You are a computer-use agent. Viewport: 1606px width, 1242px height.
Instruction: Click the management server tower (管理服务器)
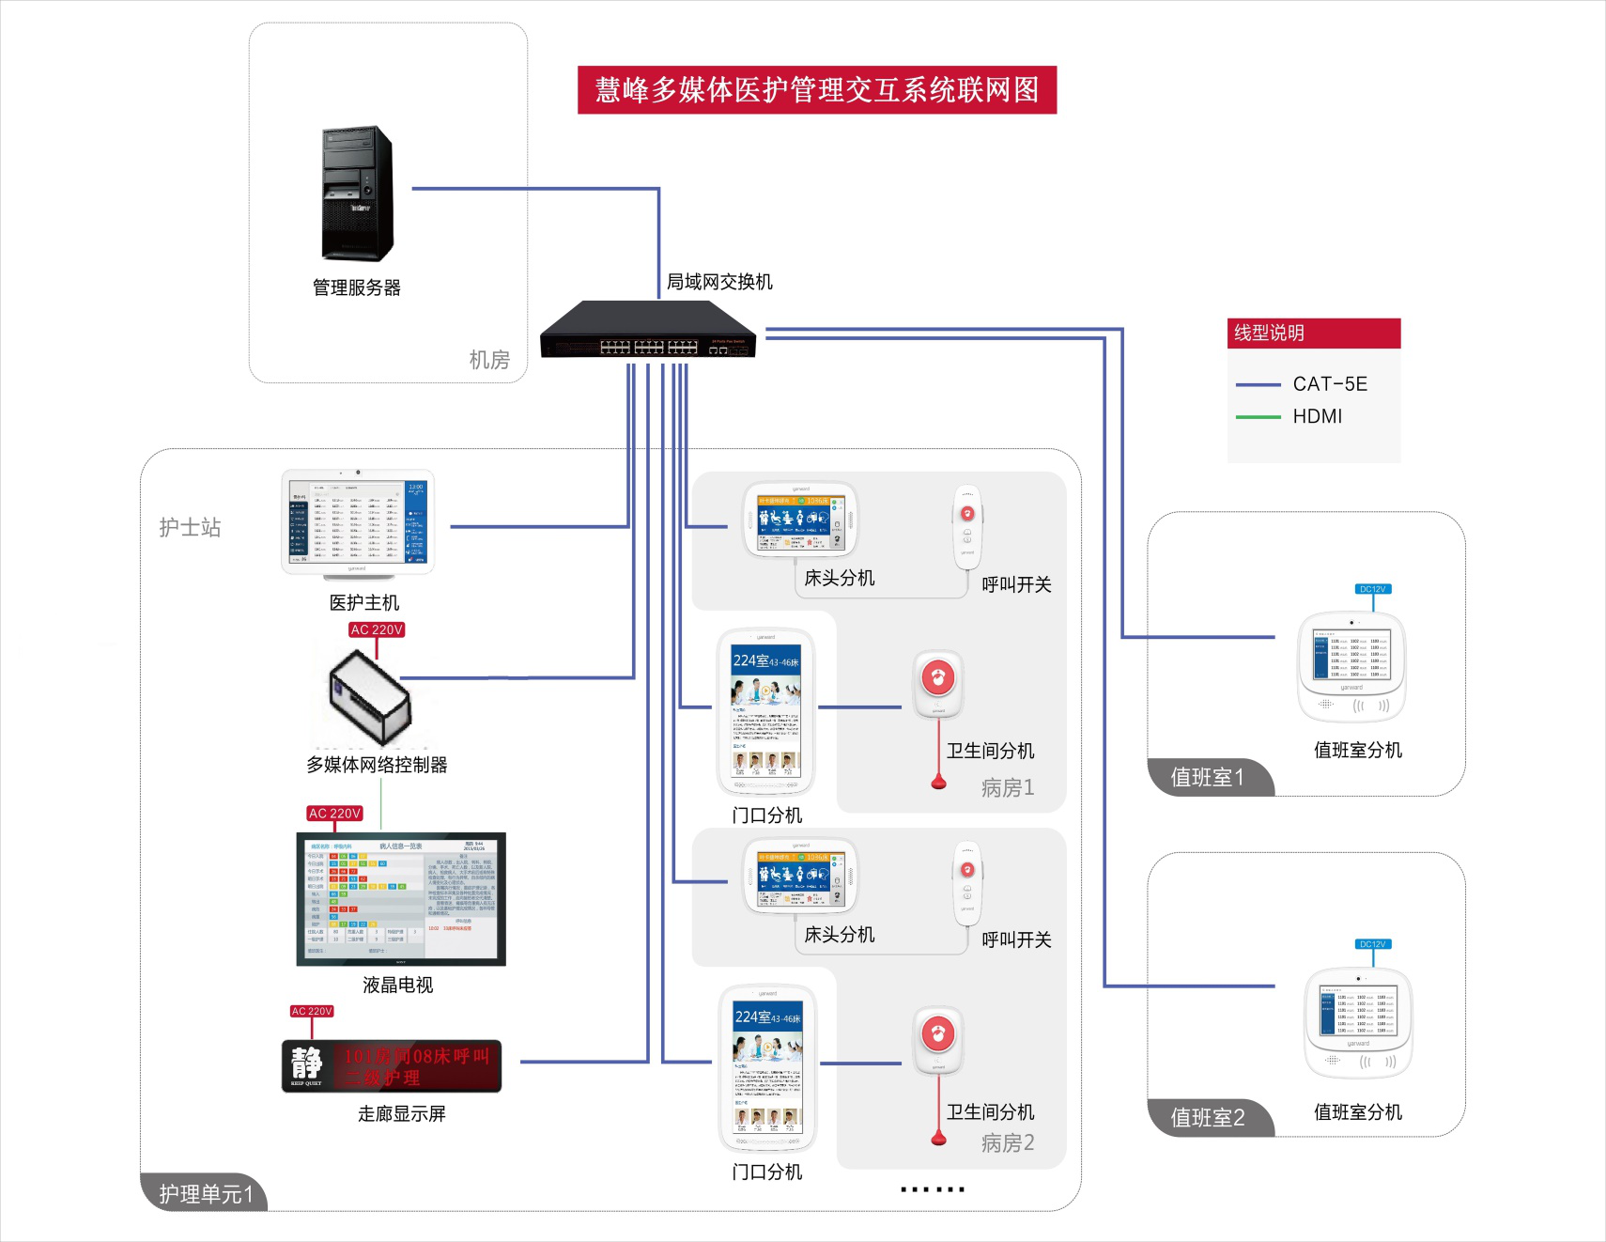coord(357,194)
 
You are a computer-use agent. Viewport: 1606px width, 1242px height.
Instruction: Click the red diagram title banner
coord(816,90)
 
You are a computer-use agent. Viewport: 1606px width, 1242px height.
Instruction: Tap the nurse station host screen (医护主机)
coord(358,521)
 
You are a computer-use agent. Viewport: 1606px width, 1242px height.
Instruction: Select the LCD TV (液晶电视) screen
coord(401,899)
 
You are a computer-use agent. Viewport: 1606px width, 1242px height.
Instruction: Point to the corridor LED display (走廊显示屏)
coord(392,1066)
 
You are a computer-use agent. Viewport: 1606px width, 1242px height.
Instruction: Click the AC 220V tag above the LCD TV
coord(335,814)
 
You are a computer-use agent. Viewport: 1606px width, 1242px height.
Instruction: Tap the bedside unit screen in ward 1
coord(800,520)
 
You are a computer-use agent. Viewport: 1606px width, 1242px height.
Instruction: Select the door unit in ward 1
coord(765,711)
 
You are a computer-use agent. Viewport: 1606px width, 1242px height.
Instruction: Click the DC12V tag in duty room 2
coord(1372,944)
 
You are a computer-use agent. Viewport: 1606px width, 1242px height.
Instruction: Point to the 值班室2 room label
coord(1208,1118)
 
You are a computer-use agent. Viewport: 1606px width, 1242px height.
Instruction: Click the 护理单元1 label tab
coord(206,1194)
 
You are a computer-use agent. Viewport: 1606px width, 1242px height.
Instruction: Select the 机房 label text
coord(488,360)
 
